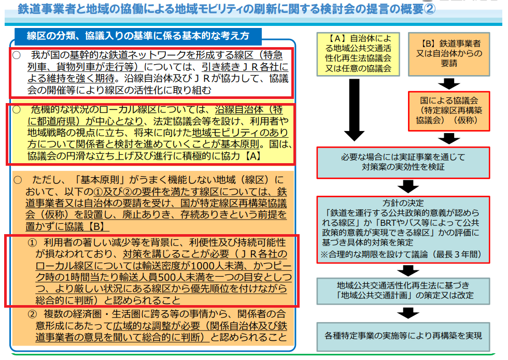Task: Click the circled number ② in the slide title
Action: tap(430, 9)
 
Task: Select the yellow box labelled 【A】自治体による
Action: tap(355, 53)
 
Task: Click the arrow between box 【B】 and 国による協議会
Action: tap(449, 84)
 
